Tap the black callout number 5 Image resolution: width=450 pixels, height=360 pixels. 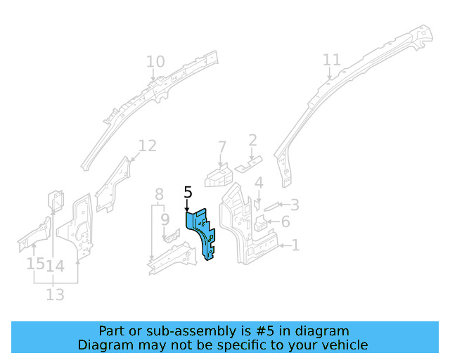188,193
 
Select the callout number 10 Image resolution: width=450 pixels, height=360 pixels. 155,62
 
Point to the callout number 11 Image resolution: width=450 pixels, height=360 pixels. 331,60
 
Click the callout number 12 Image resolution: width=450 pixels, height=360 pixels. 147,146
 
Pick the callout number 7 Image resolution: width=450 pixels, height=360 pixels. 222,148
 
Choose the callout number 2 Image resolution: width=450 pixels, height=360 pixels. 252,141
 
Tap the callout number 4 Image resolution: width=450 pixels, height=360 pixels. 259,184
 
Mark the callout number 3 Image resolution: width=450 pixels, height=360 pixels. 295,205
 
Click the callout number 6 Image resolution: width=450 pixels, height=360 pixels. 285,222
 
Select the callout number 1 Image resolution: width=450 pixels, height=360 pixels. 295,245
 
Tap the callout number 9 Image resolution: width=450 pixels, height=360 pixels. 165,219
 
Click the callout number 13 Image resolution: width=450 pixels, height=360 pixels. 55,294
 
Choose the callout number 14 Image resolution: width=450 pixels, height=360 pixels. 56,265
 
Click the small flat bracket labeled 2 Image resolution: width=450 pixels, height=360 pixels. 246,165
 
